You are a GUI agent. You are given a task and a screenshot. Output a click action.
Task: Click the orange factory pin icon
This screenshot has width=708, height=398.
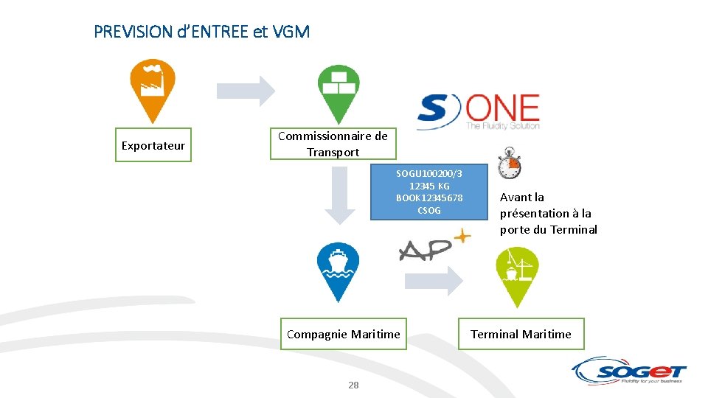(x=153, y=88)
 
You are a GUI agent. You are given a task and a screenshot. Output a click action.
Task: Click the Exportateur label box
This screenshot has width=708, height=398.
(x=153, y=146)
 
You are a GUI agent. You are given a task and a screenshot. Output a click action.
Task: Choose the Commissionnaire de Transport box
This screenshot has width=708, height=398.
(x=333, y=144)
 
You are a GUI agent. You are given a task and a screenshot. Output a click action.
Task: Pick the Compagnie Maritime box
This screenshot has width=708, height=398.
(x=344, y=335)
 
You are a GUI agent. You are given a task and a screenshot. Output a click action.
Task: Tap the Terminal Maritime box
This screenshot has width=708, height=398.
(x=521, y=335)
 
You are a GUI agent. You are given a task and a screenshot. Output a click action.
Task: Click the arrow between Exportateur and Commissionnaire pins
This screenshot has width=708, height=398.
(x=246, y=91)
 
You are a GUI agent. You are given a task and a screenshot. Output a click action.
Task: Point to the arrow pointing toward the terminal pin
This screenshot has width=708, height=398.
(x=434, y=280)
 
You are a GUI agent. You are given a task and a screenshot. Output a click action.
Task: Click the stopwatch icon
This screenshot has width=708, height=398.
(x=509, y=164)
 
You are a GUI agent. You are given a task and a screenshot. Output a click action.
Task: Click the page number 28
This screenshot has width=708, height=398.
(x=353, y=385)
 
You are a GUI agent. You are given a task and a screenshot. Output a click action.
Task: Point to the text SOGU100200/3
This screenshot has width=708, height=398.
(x=429, y=174)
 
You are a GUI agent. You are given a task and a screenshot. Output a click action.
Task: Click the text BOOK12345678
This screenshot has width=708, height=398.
(x=429, y=198)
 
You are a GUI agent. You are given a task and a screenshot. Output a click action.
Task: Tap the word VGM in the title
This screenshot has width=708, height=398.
(x=291, y=32)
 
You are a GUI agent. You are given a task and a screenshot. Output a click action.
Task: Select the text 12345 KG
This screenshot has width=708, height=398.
(x=429, y=186)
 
